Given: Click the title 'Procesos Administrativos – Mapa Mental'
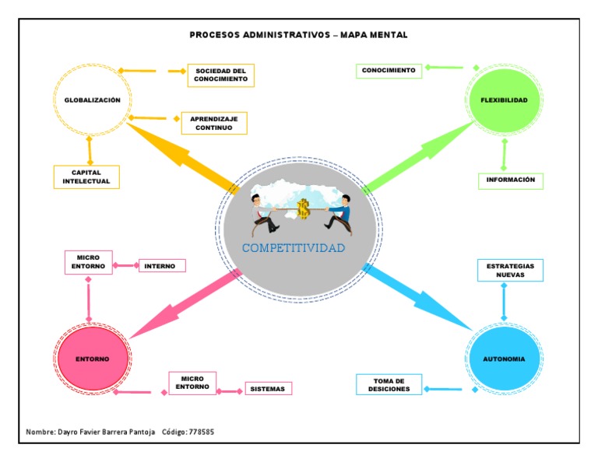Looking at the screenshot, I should coord(298,35).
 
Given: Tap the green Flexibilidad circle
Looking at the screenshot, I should coord(505,101).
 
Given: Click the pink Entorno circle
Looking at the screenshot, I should coord(92,359).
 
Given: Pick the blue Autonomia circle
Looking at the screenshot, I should coord(505,359).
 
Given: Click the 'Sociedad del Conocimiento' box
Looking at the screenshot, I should coord(220,75).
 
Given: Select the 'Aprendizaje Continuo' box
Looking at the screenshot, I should coord(214,123).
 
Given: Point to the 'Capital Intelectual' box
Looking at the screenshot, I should coord(86,177).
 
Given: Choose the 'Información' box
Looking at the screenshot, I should coord(510,180).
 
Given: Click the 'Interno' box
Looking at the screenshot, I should coord(162,266).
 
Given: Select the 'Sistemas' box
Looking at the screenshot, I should coord(269,388).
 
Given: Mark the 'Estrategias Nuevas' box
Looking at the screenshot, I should coord(510,270).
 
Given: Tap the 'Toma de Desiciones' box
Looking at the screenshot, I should coord(389,384).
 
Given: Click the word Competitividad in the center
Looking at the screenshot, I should coord(294,248).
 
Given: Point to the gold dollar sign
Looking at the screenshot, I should coord(303,208).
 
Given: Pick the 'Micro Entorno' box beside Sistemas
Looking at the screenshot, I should coord(192,383).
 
